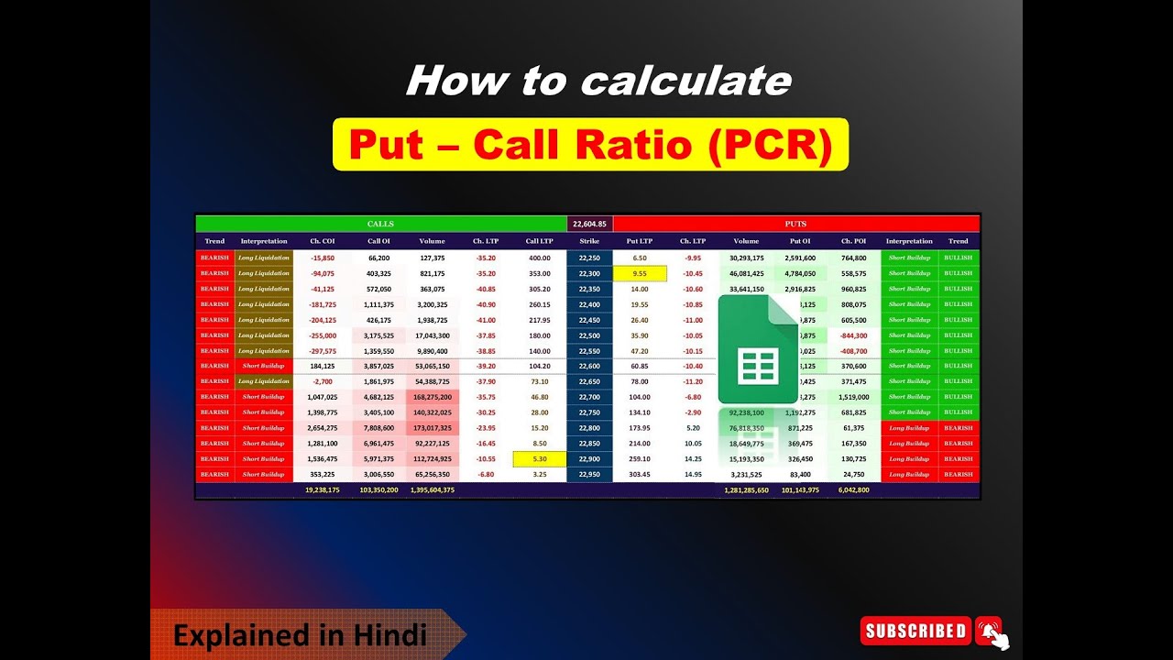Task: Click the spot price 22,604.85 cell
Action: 589,224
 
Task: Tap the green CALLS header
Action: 380,224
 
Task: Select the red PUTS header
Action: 795,224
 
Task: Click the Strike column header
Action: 589,241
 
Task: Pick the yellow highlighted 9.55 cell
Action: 640,273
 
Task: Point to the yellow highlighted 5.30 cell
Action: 540,458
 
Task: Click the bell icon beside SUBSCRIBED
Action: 989,630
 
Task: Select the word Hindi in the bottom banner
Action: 392,634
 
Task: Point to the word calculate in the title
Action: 685,81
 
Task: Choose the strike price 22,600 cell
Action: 589,366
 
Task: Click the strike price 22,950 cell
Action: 589,474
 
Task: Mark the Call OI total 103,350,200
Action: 378,490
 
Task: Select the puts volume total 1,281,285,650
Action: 746,490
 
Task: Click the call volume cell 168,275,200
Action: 433,397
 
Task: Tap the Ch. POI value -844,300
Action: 853,335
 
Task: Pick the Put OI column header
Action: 800,241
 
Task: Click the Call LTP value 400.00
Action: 540,258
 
